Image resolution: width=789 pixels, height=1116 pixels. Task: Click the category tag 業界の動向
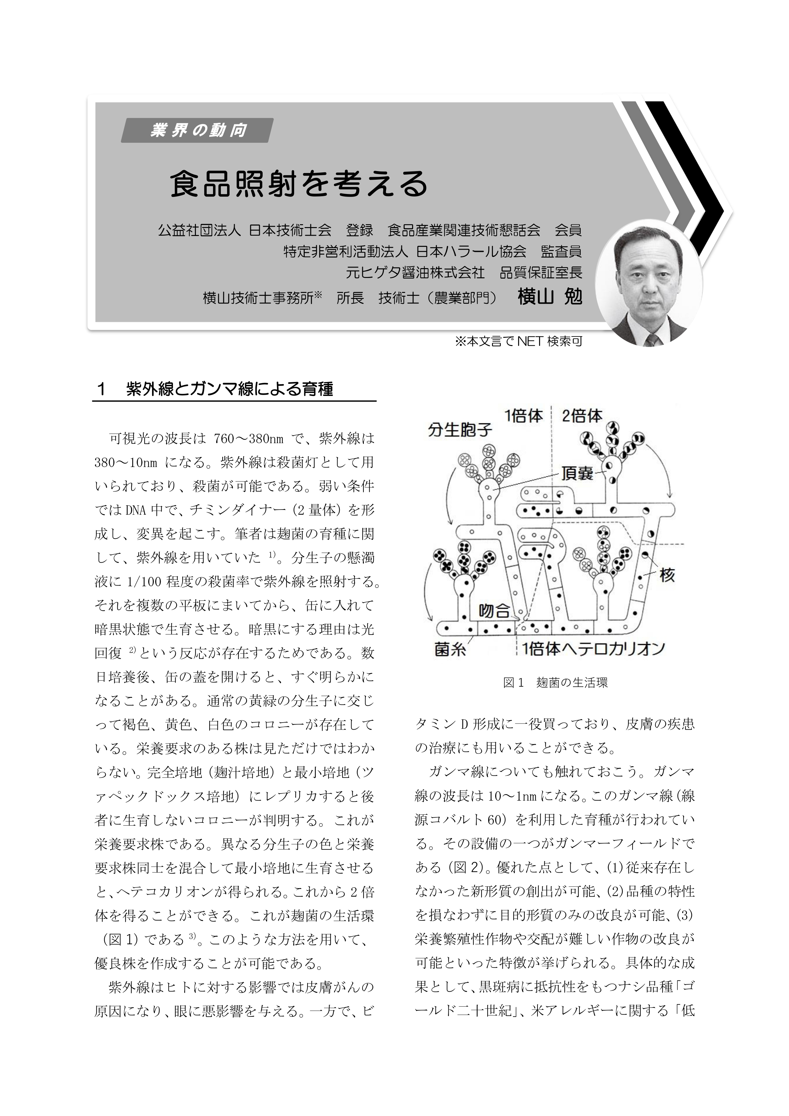pyautogui.click(x=197, y=130)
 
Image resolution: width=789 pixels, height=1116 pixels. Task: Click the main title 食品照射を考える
pyautogui.click(x=299, y=184)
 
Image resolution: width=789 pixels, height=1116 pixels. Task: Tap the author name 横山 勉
pyautogui.click(x=550, y=297)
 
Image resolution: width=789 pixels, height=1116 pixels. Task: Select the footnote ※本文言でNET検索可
pyautogui.click(x=518, y=342)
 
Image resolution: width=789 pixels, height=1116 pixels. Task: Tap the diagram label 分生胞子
pyautogui.click(x=460, y=430)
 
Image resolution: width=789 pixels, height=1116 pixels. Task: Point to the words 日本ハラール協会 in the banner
pyautogui.click(x=472, y=251)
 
